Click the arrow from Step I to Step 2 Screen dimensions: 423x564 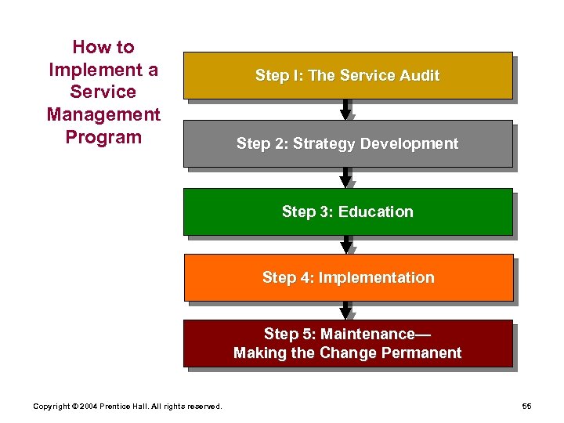[345, 110]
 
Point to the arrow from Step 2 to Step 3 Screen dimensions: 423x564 [345, 178]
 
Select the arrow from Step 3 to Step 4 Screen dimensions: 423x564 [345, 244]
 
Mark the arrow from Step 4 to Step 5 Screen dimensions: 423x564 [345, 310]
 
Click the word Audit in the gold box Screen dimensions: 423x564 [420, 76]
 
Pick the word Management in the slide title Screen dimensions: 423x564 [103, 114]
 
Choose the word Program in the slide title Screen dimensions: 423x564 [103, 137]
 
